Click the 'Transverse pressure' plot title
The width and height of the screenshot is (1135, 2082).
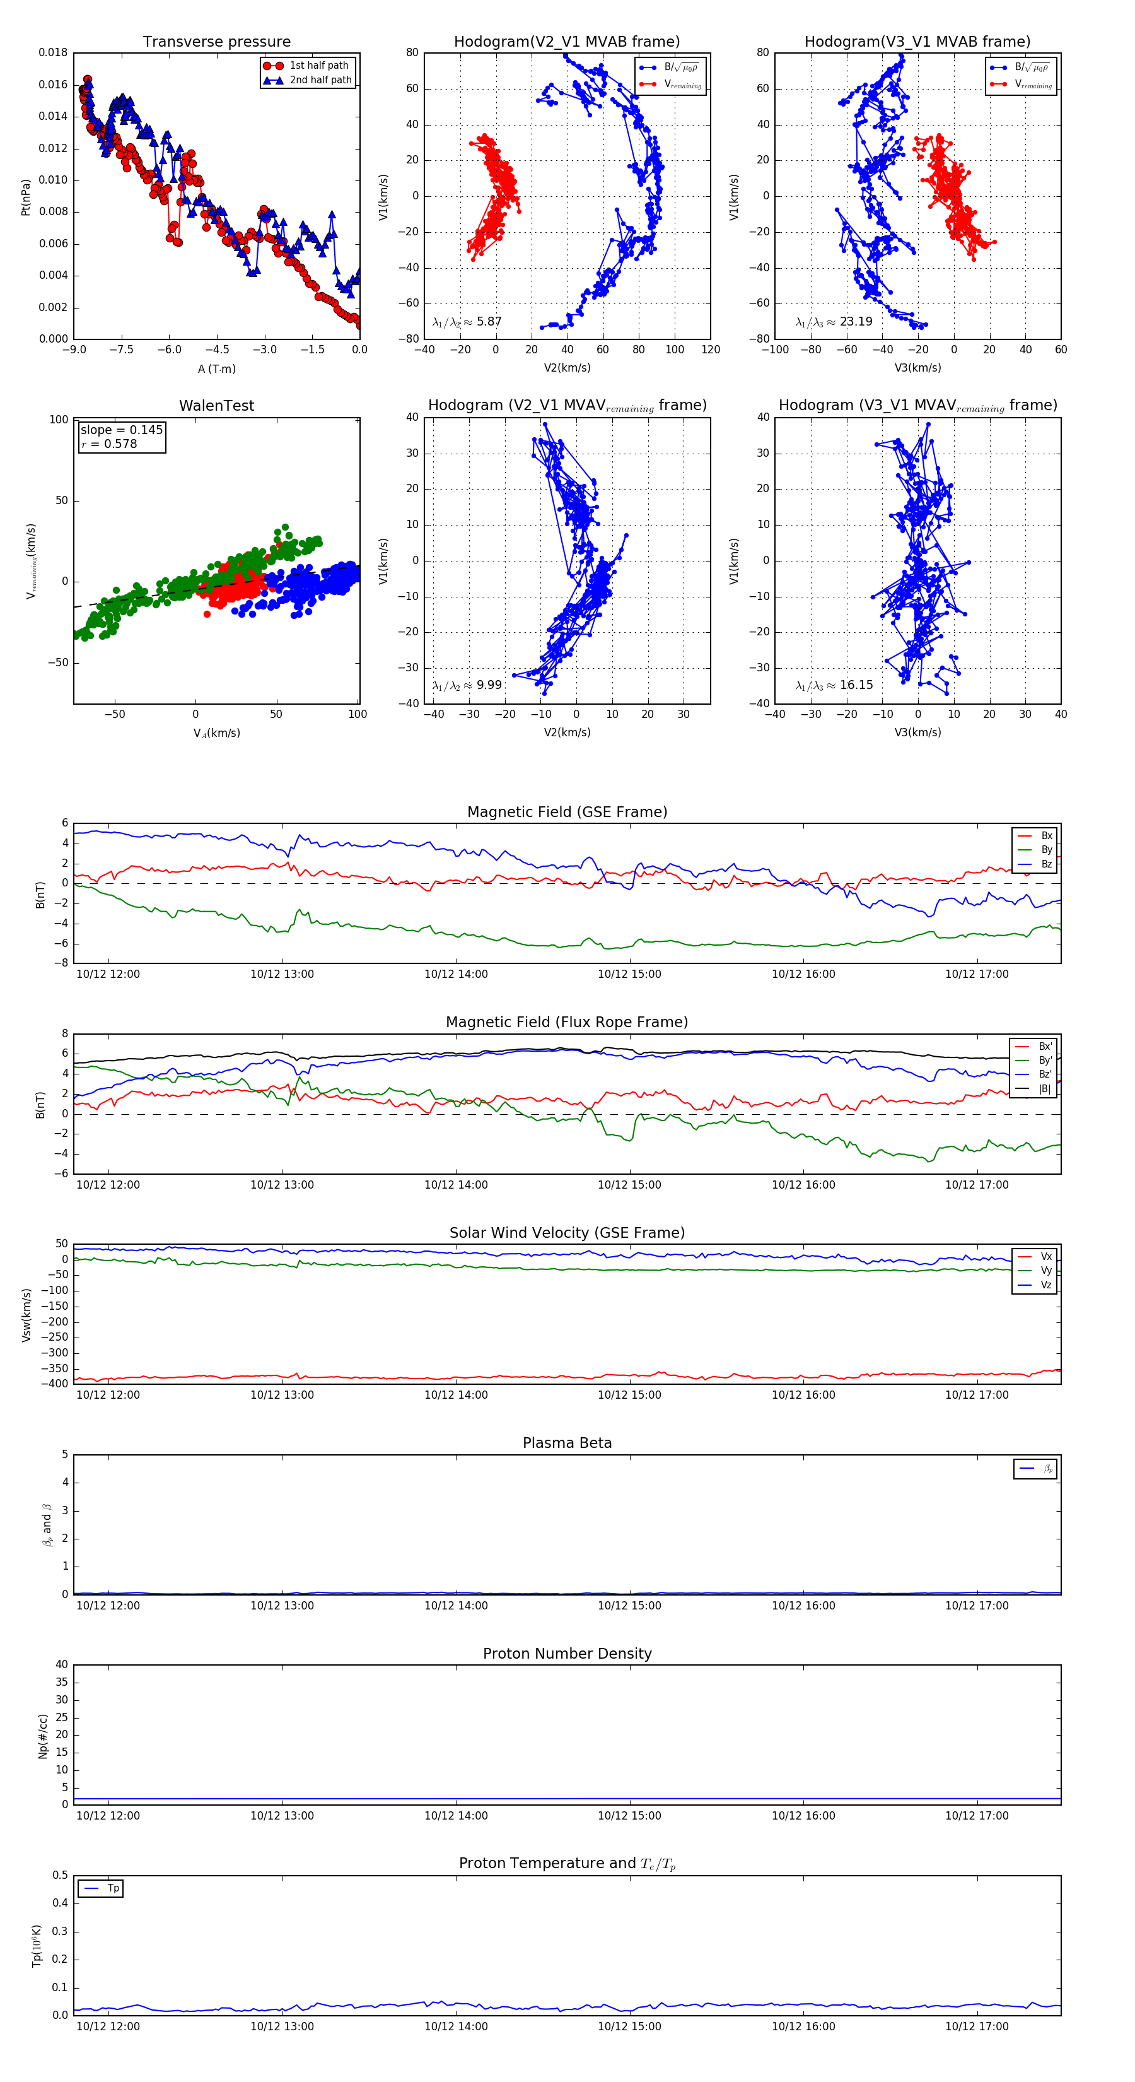click(x=216, y=42)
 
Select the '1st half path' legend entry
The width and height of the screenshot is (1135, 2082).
click(x=318, y=66)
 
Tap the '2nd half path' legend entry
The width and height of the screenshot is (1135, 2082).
click(x=320, y=80)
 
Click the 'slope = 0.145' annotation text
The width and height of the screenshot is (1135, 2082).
click(x=121, y=430)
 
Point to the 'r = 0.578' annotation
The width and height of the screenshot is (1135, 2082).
click(x=110, y=444)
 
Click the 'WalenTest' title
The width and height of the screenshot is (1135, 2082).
click(x=216, y=406)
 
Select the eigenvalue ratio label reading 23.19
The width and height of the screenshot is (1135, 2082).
click(x=834, y=322)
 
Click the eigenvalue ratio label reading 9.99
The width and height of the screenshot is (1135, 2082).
click(x=467, y=685)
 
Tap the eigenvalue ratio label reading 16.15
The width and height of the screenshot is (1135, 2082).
click(x=834, y=685)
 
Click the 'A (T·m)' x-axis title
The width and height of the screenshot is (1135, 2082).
click(x=216, y=369)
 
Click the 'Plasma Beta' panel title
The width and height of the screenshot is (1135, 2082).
click(x=567, y=1444)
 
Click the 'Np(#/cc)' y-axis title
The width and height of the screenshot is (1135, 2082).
click(x=43, y=1736)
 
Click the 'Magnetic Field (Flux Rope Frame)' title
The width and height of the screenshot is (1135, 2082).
click(x=567, y=1023)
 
